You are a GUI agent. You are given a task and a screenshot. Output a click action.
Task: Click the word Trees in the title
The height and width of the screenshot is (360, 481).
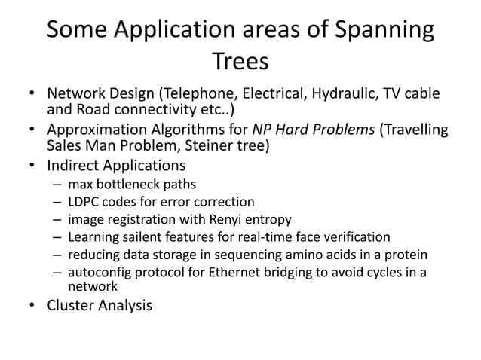click(240, 62)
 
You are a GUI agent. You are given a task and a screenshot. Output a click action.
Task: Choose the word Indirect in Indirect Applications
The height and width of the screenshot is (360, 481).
click(74, 165)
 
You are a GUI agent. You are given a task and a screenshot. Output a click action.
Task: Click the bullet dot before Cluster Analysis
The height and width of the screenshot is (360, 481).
click(34, 306)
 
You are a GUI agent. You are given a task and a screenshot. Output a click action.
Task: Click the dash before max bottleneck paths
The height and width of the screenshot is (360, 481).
click(57, 184)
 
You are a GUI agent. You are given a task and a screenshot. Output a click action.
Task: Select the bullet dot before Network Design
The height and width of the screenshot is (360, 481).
click(34, 96)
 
